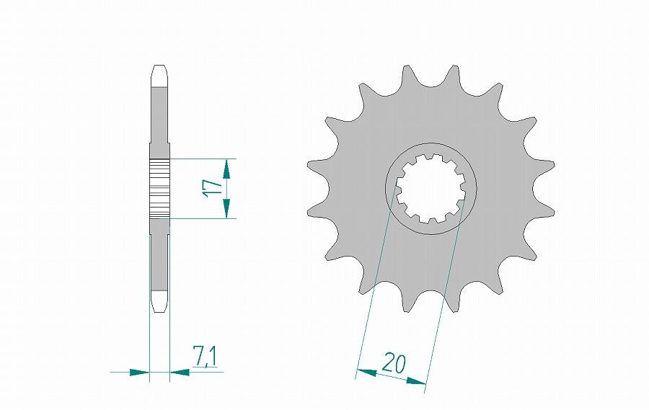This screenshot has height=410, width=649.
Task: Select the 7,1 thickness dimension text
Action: pyautogui.click(x=205, y=356)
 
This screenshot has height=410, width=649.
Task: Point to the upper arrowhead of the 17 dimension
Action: pyautogui.click(x=227, y=169)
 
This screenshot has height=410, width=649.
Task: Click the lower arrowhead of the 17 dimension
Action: pyautogui.click(x=227, y=208)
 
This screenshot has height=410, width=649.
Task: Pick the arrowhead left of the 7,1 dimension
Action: pyautogui.click(x=138, y=373)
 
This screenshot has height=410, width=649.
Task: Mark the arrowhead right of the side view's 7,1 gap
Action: pyautogui.click(x=179, y=373)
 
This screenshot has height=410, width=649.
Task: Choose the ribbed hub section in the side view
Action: pyautogui.click(x=159, y=188)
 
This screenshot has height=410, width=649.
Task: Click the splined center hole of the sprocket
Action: pyautogui.click(x=430, y=188)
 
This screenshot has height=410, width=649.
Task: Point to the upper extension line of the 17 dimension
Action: pyautogui.click(x=202, y=159)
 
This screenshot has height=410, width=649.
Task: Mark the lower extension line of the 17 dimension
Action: pyautogui.click(x=202, y=218)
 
